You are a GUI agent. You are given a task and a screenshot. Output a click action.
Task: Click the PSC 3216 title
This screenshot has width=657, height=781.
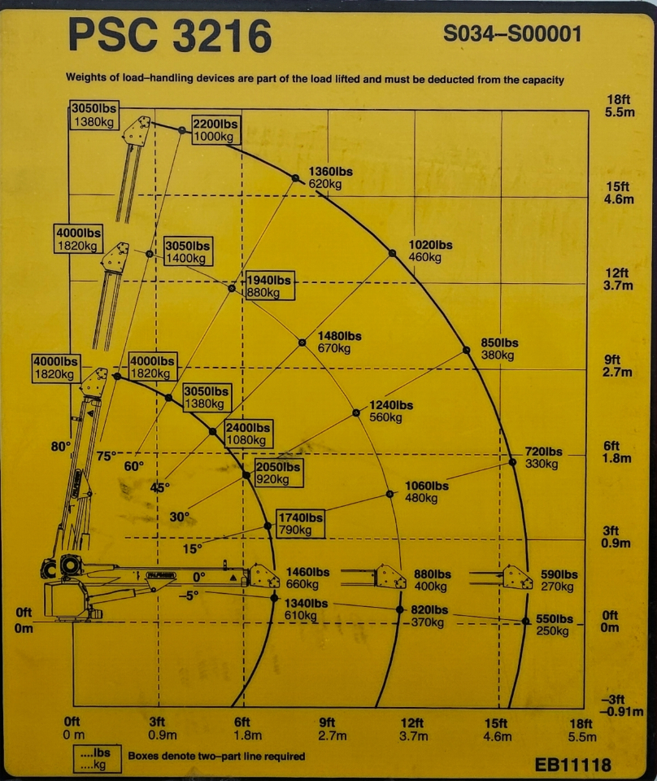169,36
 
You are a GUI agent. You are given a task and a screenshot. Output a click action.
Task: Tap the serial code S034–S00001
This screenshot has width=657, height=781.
512,35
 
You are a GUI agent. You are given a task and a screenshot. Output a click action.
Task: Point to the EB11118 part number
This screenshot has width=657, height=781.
572,765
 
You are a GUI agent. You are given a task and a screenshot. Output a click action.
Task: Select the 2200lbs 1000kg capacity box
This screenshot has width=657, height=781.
215,130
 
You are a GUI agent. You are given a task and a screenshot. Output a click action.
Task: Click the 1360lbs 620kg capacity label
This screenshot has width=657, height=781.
330,177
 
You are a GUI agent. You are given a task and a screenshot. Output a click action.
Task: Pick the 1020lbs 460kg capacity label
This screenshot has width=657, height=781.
430,251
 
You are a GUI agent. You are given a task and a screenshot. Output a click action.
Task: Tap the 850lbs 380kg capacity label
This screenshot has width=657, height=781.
498,349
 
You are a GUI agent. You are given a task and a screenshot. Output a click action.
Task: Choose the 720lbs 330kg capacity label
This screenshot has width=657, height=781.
543,458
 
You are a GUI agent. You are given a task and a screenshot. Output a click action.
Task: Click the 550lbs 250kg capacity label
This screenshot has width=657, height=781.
554,626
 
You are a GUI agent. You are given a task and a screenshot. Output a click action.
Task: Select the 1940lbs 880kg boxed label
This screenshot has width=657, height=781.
269,286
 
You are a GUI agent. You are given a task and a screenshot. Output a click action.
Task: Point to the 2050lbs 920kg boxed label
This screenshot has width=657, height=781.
278,473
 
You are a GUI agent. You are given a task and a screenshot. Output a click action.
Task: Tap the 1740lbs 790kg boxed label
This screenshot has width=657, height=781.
300,524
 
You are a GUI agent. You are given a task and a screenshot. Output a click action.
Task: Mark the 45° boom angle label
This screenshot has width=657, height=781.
161,488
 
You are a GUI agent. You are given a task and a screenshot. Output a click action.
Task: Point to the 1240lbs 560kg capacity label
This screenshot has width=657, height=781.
390,412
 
